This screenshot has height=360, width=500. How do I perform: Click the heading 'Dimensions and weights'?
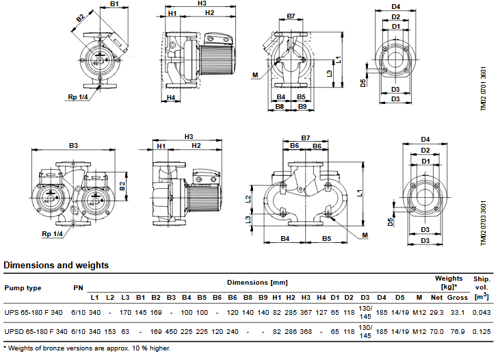pos(56,266)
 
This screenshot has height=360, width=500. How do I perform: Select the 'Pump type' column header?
pos(23,288)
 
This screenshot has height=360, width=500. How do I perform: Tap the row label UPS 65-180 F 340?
pos(34,313)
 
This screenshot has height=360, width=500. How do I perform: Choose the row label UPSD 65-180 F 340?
pos(36,331)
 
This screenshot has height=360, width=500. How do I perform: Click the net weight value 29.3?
pos(436,313)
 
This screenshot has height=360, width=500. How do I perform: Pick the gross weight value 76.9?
pos(458,331)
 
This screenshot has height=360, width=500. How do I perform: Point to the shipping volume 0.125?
pos(482,331)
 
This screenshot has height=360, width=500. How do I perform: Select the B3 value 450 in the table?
pos(171,331)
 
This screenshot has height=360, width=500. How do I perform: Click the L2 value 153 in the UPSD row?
pos(110,331)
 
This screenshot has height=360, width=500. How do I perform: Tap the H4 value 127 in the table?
pos(321,313)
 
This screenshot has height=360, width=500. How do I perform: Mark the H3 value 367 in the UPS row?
pos(306,313)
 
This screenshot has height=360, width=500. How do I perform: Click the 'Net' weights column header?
pos(436,298)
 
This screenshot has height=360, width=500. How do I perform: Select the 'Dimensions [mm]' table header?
pos(257,283)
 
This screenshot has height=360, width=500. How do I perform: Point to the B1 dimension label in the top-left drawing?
pos(114,4)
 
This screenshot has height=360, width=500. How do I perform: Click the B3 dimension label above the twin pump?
pos(73,146)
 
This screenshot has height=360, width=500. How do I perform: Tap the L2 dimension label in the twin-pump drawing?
pos(248,199)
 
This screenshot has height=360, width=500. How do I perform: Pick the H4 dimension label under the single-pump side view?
pos(171,97)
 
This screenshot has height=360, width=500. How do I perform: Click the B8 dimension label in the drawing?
pos(280,106)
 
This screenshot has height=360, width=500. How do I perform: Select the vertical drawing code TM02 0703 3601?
pos(484,223)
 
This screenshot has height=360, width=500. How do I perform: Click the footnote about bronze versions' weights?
pos(87,348)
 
